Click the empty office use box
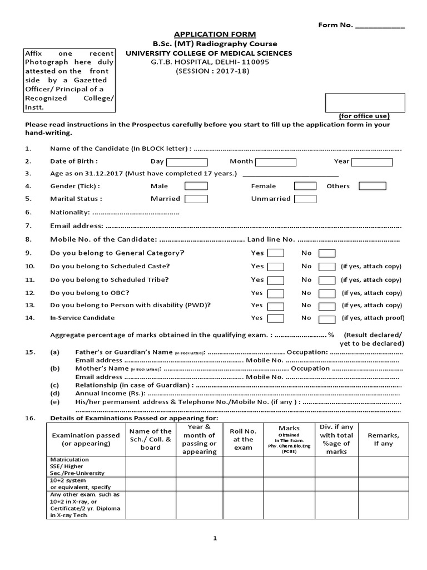click(x=365, y=102)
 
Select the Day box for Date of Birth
click(x=187, y=162)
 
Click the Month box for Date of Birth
click(x=276, y=162)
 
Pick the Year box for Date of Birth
click(x=372, y=162)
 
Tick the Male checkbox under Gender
click(x=196, y=186)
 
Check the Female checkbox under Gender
click(x=305, y=186)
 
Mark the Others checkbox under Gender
click(x=373, y=186)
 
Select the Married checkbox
click(x=196, y=199)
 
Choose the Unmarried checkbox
click(x=305, y=199)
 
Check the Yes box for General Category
click(x=276, y=253)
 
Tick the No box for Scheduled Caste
click(x=327, y=267)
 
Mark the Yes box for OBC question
click(x=276, y=293)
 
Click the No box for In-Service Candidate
click(x=327, y=319)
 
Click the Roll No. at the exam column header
click(x=243, y=439)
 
